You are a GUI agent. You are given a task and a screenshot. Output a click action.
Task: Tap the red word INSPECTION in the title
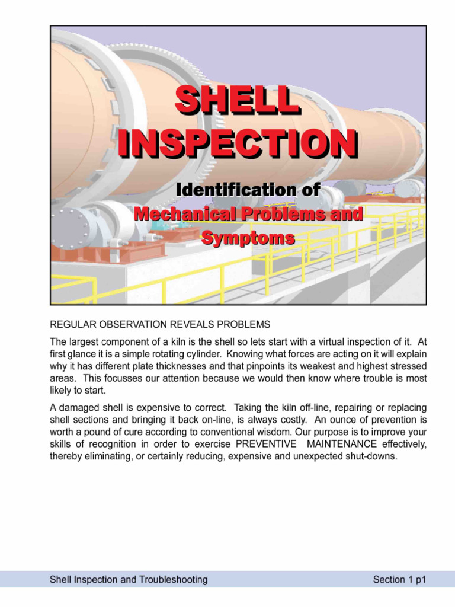[238, 143]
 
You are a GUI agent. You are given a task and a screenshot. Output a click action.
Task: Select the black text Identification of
[248, 190]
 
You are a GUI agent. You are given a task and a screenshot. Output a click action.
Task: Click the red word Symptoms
[248, 238]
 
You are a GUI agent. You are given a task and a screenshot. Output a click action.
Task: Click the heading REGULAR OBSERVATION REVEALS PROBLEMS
[160, 324]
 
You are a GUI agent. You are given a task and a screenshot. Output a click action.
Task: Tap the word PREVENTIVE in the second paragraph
[266, 444]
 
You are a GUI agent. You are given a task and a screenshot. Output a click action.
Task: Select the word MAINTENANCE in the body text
[342, 444]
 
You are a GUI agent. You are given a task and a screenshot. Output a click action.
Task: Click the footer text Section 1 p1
[399, 580]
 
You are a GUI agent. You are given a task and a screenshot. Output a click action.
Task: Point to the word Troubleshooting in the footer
[174, 580]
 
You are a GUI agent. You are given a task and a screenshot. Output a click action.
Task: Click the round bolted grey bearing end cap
[71, 228]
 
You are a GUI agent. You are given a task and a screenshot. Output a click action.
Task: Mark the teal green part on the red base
[164, 223]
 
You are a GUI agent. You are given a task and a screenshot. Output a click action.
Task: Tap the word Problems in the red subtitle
[283, 214]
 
